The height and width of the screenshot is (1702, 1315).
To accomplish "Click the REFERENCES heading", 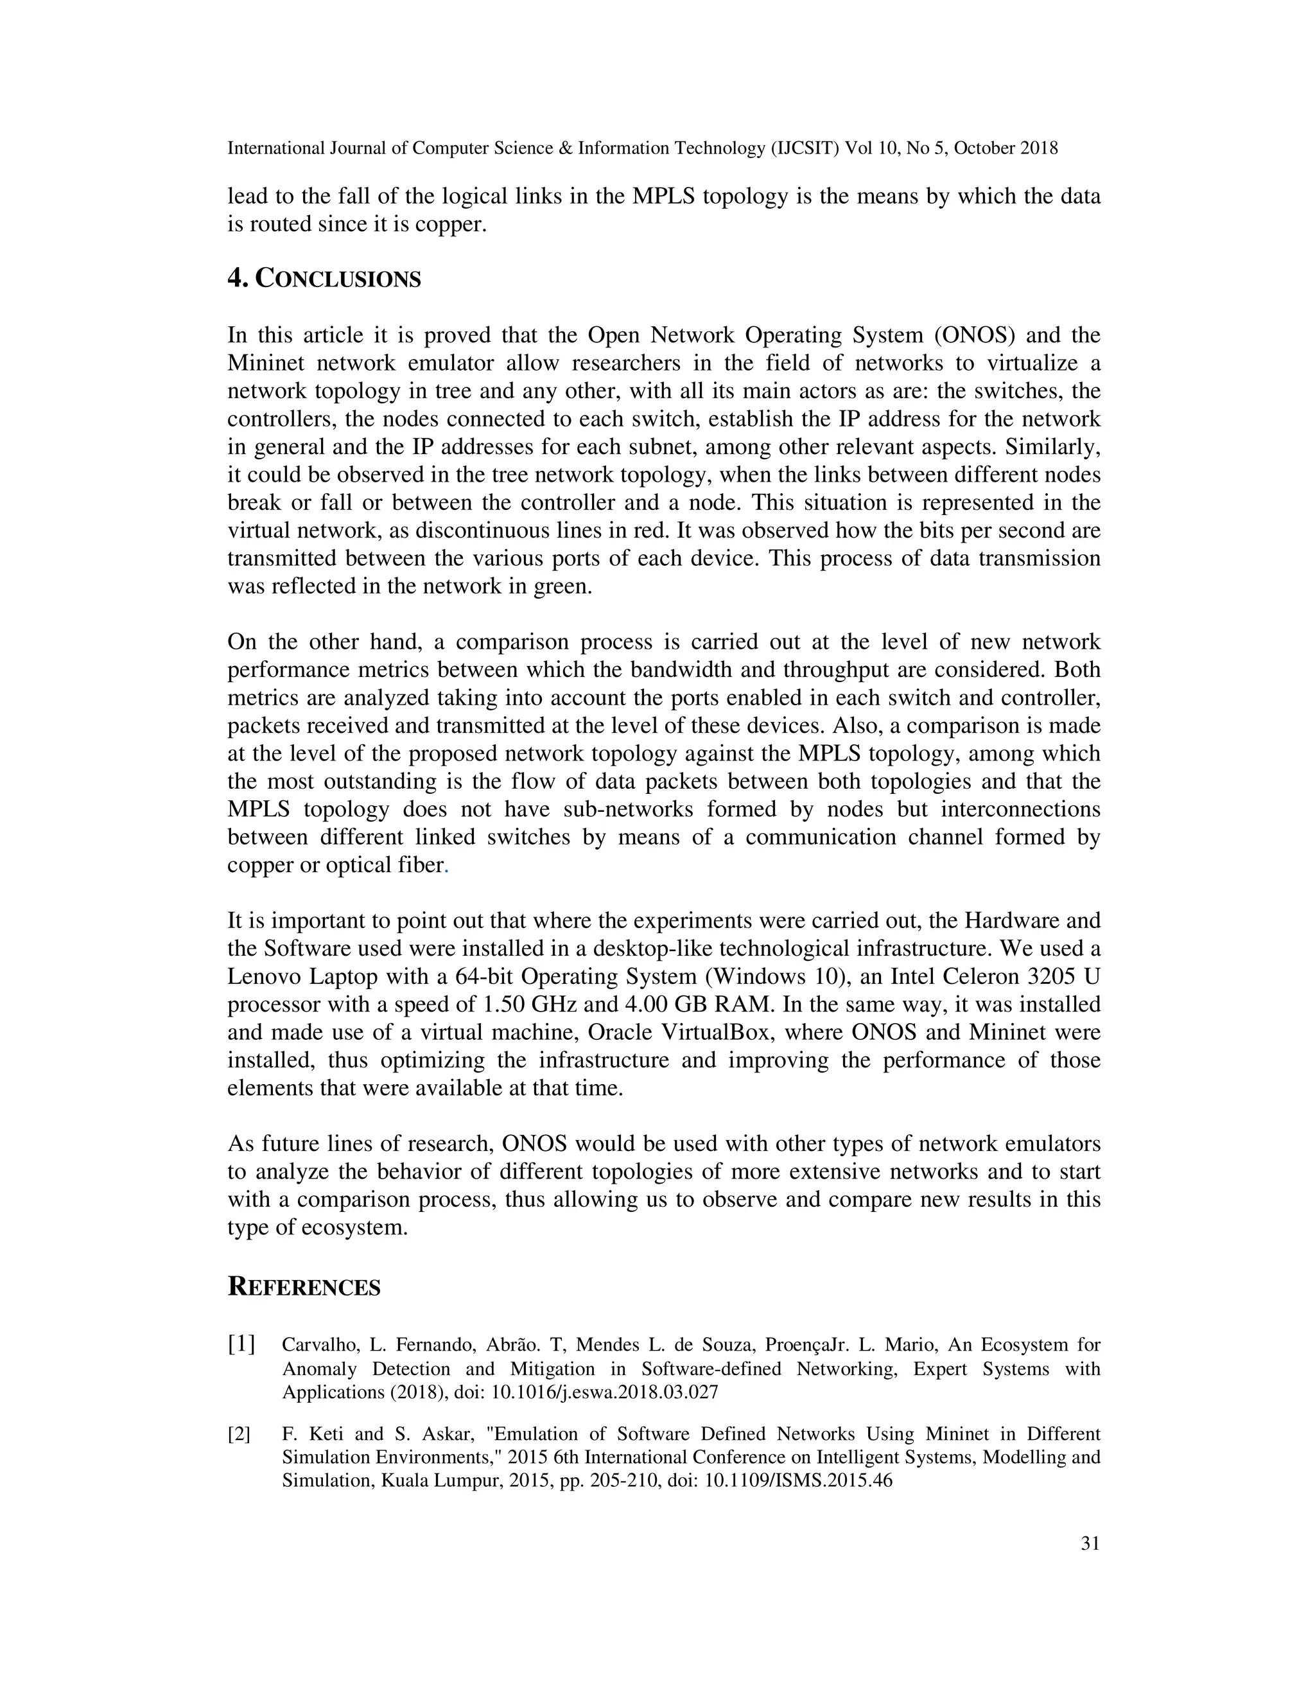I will [x=304, y=1286].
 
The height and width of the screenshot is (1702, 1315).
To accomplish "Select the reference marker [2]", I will [x=239, y=1434].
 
